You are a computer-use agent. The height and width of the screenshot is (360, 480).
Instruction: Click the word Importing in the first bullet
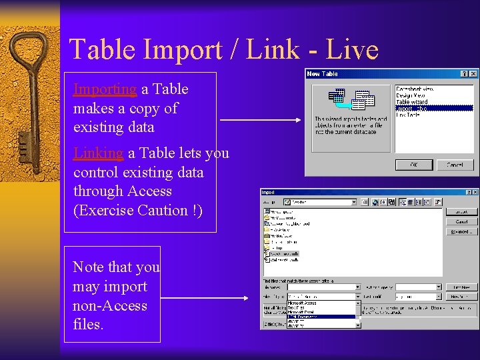105,89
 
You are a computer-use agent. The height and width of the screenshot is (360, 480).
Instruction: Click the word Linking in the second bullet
98,153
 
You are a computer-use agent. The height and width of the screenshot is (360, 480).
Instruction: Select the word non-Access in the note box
110,306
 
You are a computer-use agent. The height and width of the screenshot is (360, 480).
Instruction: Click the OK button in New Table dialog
413,165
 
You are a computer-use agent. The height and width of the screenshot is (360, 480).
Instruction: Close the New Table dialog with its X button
473,73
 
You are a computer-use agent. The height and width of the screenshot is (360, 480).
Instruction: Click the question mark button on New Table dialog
465,73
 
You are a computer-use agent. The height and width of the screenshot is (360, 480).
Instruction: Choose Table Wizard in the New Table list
412,102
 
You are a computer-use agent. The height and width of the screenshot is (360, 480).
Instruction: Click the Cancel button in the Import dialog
461,221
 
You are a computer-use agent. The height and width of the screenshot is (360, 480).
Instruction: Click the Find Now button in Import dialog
461,287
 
